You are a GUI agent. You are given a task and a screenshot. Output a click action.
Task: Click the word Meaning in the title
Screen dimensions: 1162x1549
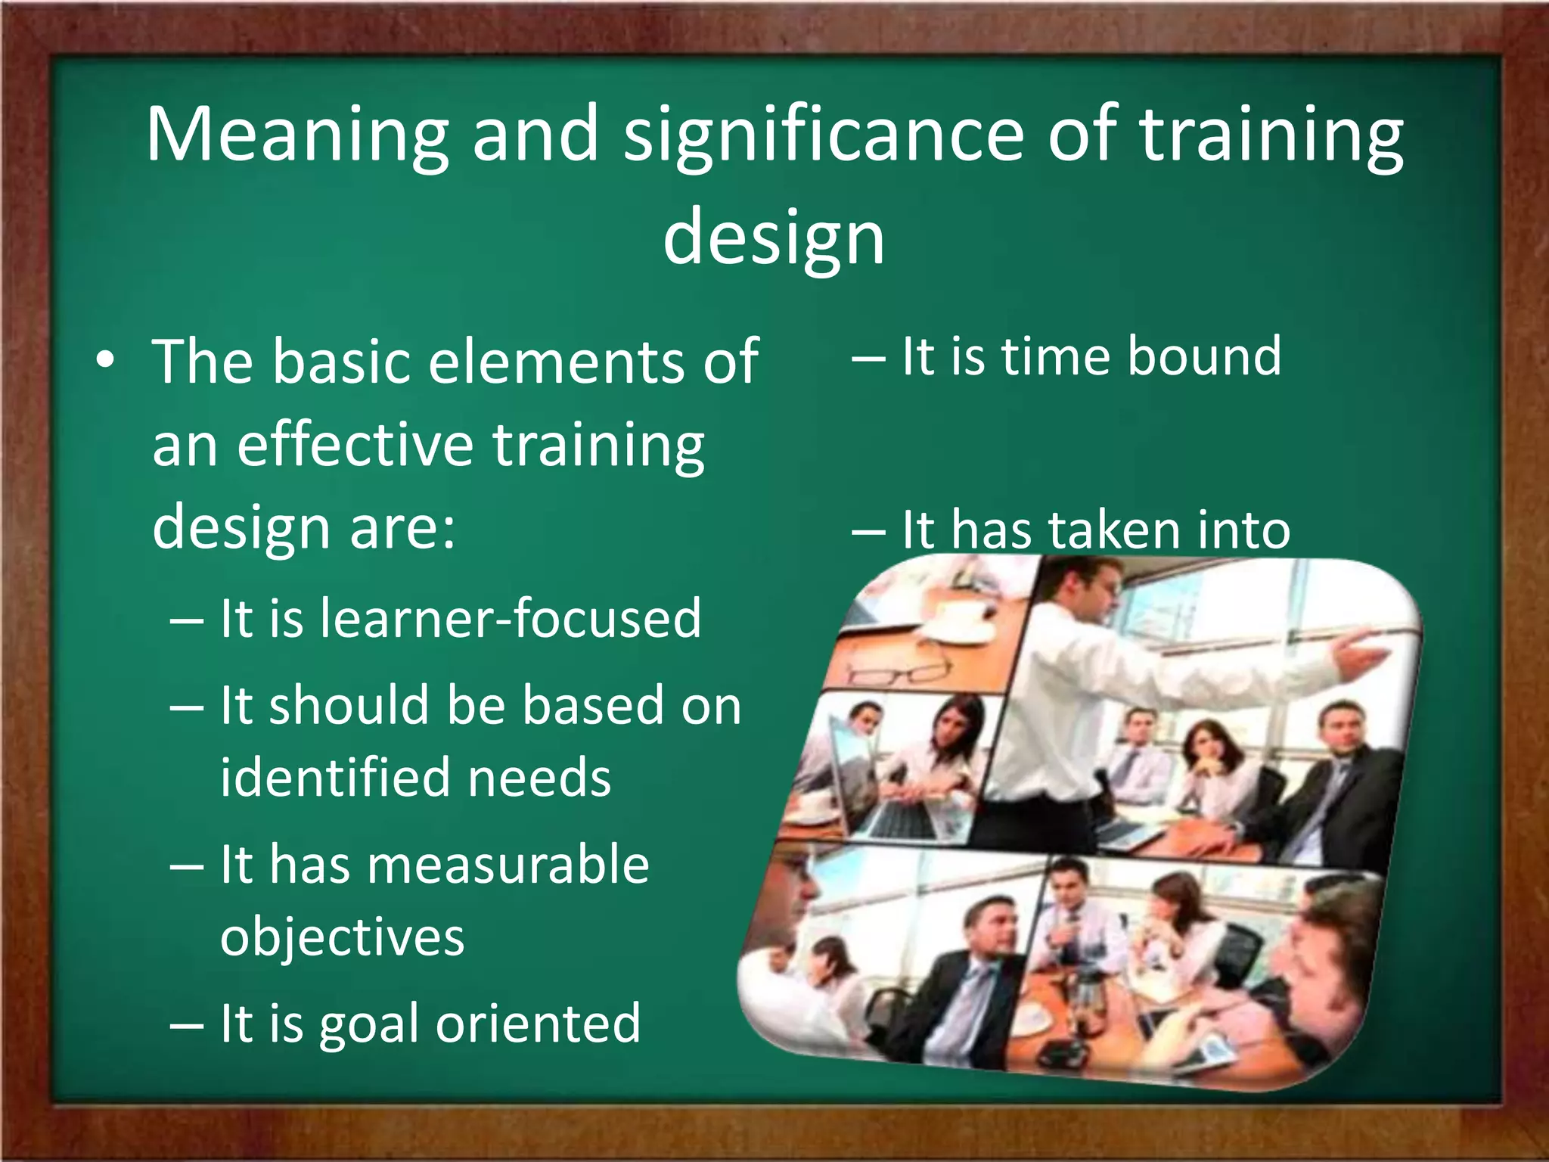click(297, 136)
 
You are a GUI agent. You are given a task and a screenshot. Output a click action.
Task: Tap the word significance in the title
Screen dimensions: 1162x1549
click(823, 136)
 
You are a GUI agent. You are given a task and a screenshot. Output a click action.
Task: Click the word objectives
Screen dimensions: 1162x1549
click(342, 938)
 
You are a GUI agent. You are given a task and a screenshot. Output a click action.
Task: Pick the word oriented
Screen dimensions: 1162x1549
click(538, 1024)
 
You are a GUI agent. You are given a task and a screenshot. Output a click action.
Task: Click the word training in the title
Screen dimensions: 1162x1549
click(1271, 136)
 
